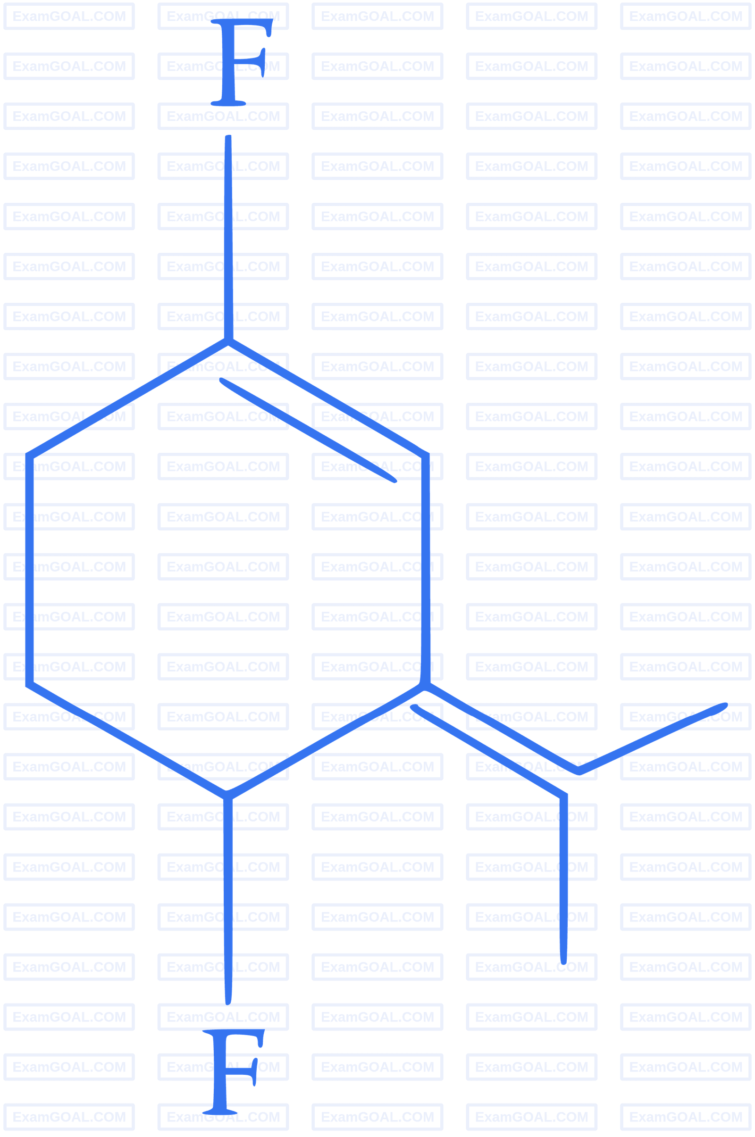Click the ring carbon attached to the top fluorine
(x=228, y=341)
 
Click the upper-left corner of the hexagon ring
(x=29, y=455)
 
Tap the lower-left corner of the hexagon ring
(x=29, y=684)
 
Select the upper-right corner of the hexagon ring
(x=426, y=455)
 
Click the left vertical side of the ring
(x=29, y=570)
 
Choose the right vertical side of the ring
(x=426, y=570)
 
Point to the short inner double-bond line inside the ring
(x=308, y=430)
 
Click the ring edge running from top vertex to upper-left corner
(x=128, y=398)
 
